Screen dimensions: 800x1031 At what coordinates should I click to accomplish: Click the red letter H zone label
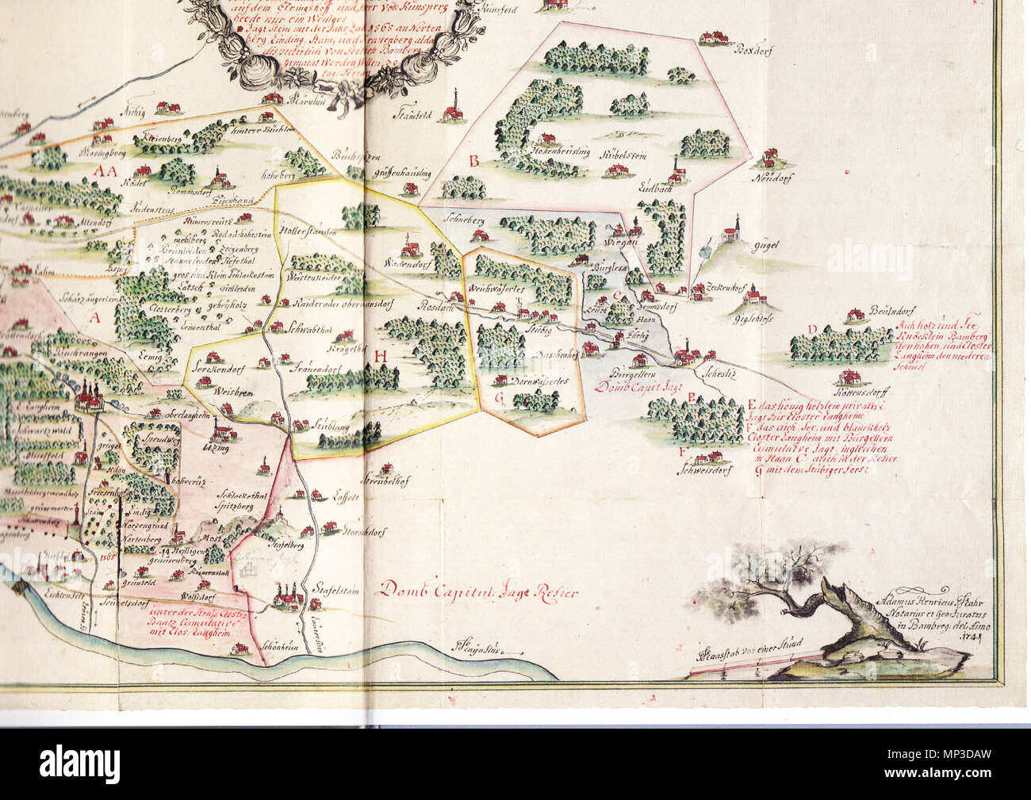point(381,356)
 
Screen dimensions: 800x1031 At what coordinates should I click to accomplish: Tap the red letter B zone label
point(473,162)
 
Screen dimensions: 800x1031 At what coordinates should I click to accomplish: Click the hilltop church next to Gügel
point(730,231)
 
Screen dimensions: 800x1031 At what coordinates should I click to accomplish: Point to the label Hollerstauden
point(309,231)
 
